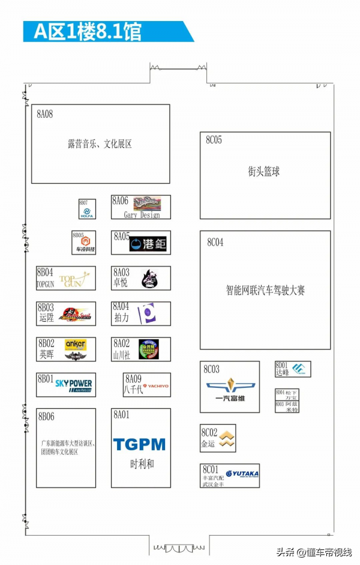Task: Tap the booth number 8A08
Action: pos(45,114)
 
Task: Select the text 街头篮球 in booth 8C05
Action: pos(264,172)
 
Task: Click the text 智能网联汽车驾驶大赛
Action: pos(265,290)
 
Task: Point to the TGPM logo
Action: pos(139,444)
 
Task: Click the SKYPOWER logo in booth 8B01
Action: pos(73,384)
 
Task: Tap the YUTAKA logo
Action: pos(242,474)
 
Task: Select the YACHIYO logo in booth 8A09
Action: pos(155,386)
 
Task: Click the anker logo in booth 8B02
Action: pos(76,345)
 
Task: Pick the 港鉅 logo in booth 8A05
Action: pos(148,244)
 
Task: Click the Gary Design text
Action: pos(142,215)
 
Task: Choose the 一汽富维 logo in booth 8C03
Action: pos(230,389)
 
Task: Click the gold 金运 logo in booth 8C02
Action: pos(226,440)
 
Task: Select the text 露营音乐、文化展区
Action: pos(100,144)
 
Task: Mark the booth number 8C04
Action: pos(215,243)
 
